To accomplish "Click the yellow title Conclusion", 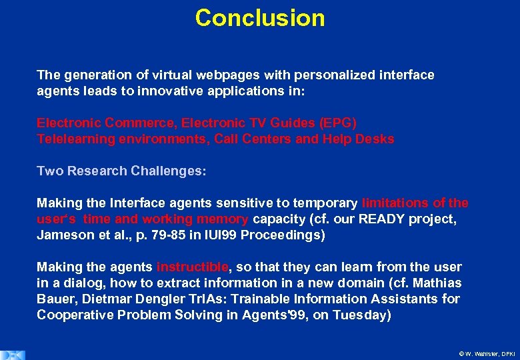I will pos(260,18).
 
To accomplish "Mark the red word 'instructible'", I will pos(193,267).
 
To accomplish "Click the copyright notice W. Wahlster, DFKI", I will pos(487,354).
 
